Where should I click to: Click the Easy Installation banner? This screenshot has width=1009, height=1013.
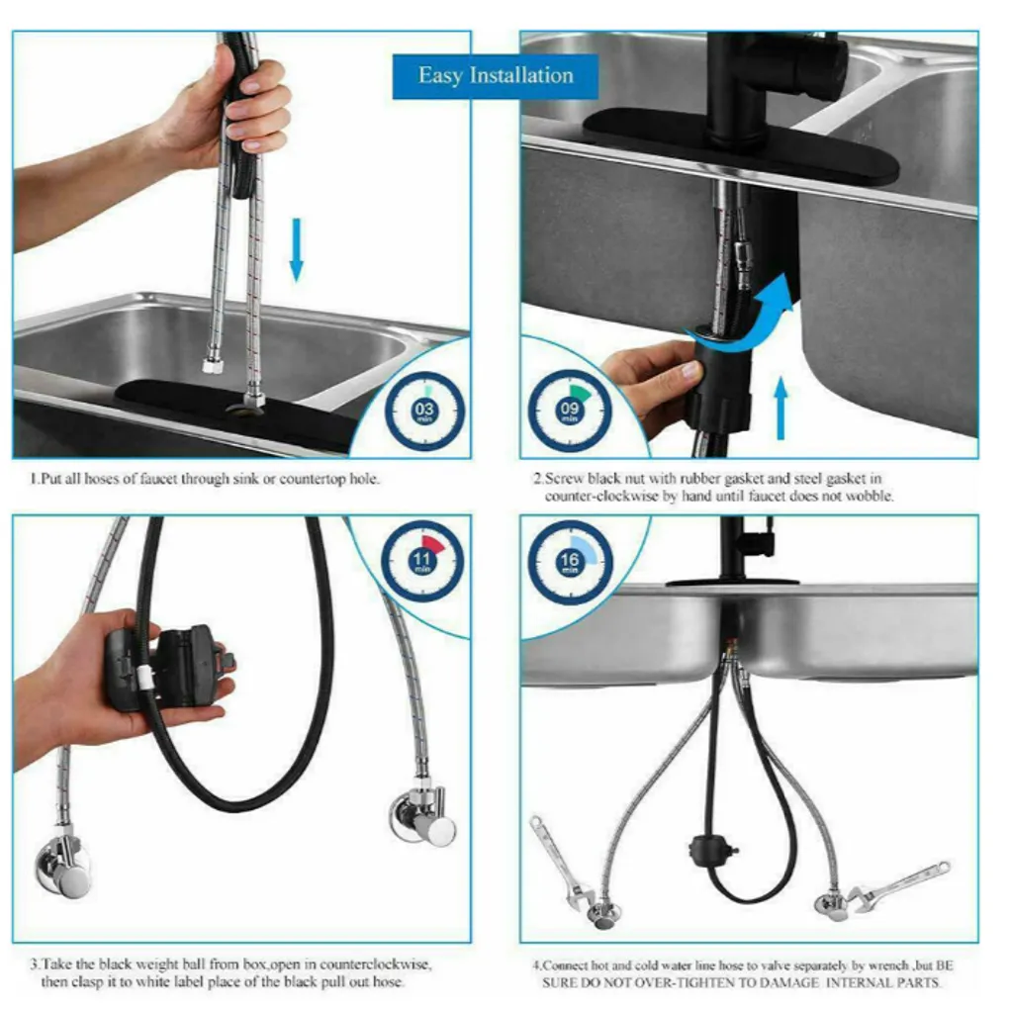pyautogui.click(x=496, y=76)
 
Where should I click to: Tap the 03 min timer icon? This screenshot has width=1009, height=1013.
pyautogui.click(x=424, y=412)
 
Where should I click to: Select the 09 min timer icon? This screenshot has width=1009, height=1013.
pyautogui.click(x=569, y=411)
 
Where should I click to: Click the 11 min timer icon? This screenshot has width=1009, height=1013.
pyautogui.click(x=421, y=561)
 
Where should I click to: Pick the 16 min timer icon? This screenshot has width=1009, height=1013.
pyautogui.click(x=569, y=562)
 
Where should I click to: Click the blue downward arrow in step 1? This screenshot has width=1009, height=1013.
pyautogui.click(x=297, y=250)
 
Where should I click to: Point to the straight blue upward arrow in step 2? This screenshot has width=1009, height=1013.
pyautogui.click(x=781, y=409)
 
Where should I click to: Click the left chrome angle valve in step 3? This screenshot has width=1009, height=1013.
pyautogui.click(x=64, y=869)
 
